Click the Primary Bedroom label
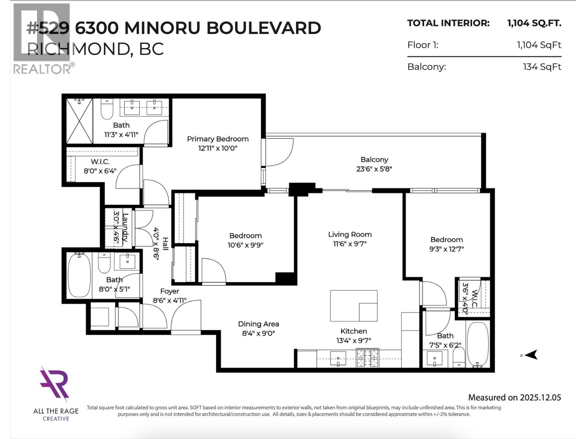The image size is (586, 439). (x=218, y=139)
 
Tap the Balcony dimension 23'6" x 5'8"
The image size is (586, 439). (x=374, y=169)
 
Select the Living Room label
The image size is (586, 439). (x=349, y=234)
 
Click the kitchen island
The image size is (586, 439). (x=353, y=306)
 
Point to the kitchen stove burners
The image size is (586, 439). (x=367, y=358)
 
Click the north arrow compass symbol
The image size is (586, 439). (x=531, y=354)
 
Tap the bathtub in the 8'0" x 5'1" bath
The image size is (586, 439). (x=79, y=275)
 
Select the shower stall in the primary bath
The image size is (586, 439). (x=79, y=121)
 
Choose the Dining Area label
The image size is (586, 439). (x=258, y=324)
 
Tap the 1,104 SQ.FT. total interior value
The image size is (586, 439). (x=534, y=23)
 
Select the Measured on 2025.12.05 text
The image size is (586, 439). (x=514, y=398)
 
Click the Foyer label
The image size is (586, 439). (x=170, y=291)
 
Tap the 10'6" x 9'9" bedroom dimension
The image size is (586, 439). (x=245, y=245)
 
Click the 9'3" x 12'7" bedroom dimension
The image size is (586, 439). (x=446, y=249)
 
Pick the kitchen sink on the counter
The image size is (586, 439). (x=338, y=358)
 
